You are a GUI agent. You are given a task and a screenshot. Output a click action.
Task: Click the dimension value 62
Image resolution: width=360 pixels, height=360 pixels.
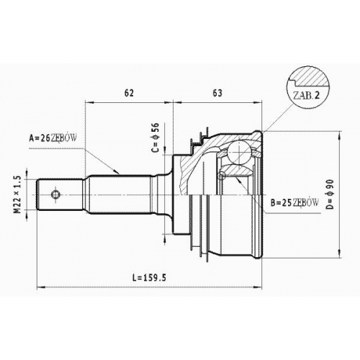(129, 93)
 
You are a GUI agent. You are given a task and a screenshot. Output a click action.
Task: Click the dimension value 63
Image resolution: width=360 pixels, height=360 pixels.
(217, 93)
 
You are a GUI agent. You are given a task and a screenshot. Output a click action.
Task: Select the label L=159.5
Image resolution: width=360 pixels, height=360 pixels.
(149, 278)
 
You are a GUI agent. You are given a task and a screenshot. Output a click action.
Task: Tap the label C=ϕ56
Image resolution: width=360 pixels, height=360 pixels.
(156, 138)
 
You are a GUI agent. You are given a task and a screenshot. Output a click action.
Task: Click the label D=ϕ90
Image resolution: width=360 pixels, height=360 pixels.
(330, 194)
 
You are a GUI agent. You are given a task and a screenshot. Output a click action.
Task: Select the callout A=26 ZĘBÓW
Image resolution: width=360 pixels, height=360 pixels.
(53, 138)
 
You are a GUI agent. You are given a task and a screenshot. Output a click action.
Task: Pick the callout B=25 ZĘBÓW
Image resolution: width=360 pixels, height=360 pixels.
(294, 203)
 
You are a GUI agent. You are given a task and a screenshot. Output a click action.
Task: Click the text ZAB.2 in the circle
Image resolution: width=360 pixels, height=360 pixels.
(307, 96)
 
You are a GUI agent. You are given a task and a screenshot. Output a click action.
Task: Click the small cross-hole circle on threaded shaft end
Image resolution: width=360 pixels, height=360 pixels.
(55, 194)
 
